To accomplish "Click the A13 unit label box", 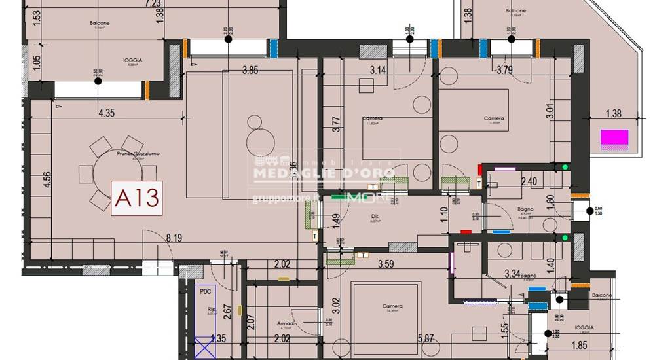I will [137, 198].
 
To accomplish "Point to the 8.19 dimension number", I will [174, 239].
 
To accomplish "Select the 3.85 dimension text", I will [252, 70].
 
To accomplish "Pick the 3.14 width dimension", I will [379, 70].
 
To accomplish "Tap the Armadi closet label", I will [286, 323].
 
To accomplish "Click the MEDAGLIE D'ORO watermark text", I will [324, 173].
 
